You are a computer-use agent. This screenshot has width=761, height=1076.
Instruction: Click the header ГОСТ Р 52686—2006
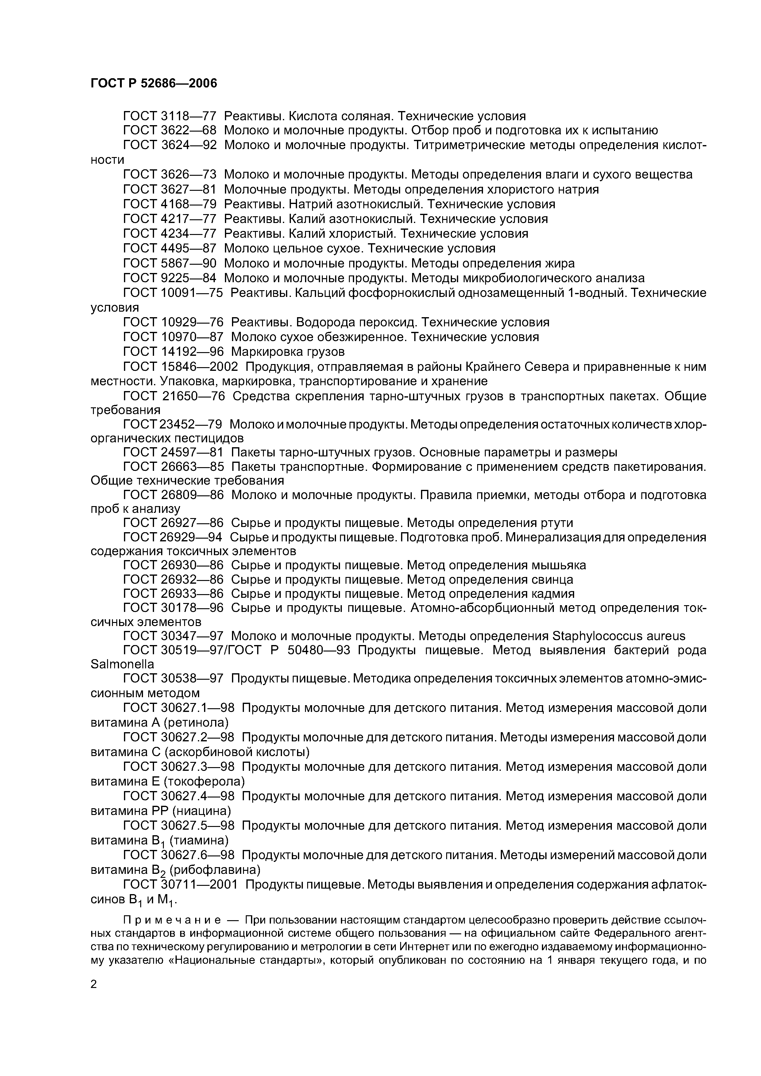click(x=154, y=83)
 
